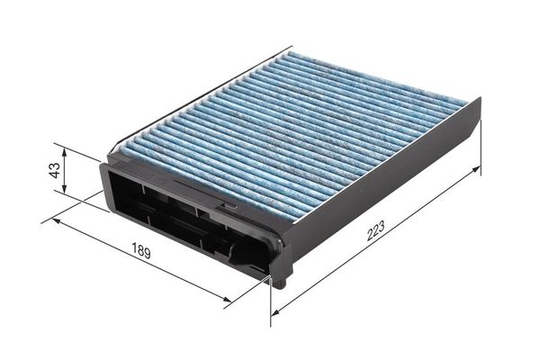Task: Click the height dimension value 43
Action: click(55, 170)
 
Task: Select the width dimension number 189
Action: click(141, 250)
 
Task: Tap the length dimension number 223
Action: click(375, 230)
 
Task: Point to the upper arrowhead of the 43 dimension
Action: click(64, 149)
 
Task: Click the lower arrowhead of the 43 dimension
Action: click(64, 188)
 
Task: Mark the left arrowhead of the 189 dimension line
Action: click(57, 220)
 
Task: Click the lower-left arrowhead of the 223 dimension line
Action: click(275, 312)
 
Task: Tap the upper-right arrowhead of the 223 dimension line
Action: click(475, 169)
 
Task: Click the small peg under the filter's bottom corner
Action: click(281, 283)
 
